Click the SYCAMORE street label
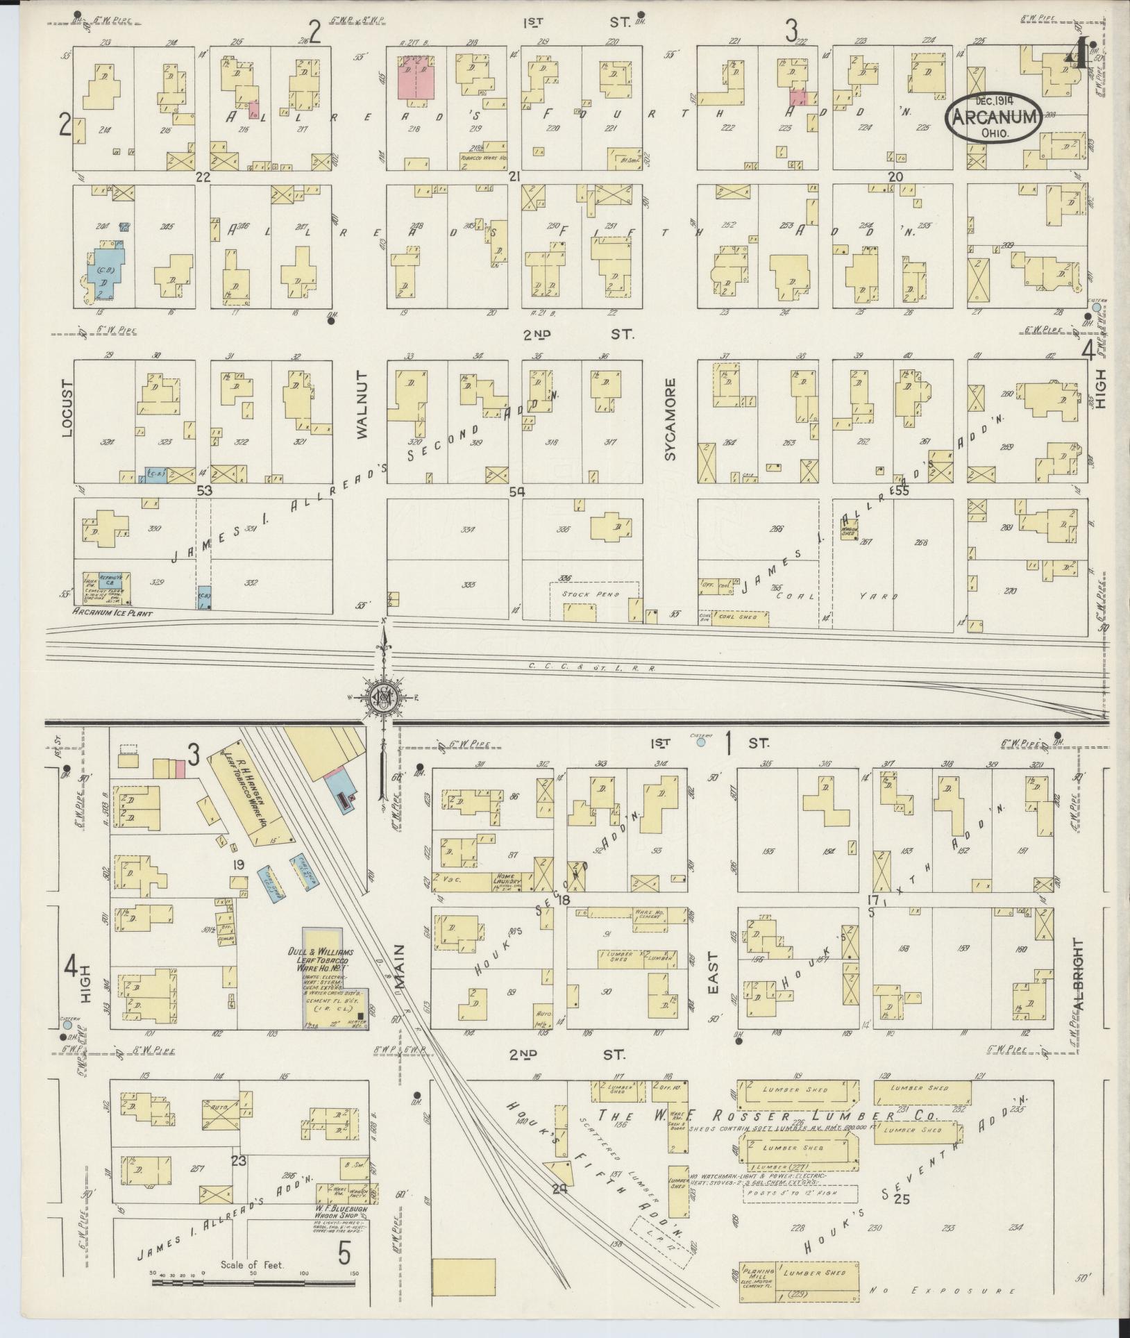(669, 419)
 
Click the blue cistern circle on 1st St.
(701, 742)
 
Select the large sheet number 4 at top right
(1077, 53)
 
